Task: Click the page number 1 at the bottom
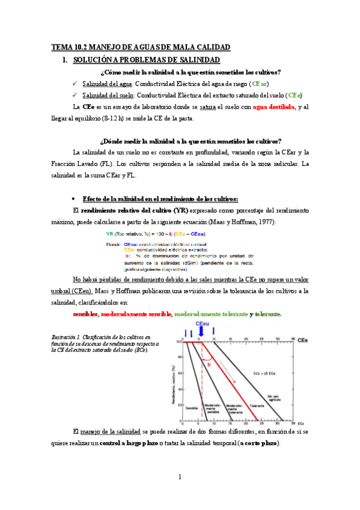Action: [180, 477]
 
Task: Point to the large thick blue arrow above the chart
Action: [200, 331]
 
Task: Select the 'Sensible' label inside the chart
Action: [191, 408]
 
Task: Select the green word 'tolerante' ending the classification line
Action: [268, 314]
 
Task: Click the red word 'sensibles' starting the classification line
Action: [85, 314]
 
